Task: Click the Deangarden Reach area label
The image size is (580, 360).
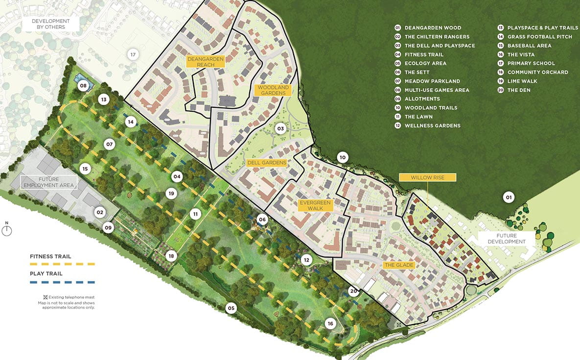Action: [206, 62]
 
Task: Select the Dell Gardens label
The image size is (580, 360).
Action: [267, 163]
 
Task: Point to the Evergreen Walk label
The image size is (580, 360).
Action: [316, 205]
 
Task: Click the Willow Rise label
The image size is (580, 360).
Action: [427, 177]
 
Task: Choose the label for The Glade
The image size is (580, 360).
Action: [399, 265]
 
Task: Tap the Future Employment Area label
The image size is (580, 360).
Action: [48, 182]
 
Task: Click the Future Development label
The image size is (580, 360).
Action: [503, 239]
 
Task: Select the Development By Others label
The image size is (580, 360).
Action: [51, 24]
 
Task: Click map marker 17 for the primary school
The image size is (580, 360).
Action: [132, 54]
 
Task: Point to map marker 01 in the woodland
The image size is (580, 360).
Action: [509, 197]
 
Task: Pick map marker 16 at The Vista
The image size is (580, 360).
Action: [330, 323]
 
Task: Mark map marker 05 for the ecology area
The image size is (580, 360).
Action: [231, 308]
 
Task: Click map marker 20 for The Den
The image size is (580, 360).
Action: [353, 290]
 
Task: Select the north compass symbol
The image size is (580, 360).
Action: [7, 230]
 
